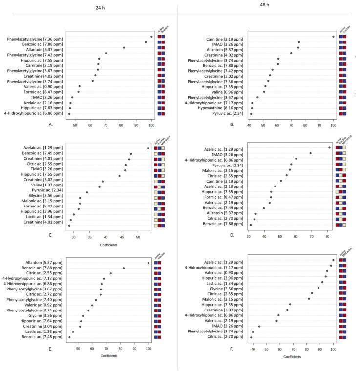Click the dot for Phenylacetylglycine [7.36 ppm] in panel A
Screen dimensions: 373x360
point(151,37)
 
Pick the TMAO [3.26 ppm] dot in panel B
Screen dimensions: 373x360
point(299,42)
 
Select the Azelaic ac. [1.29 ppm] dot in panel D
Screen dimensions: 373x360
point(329,147)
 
